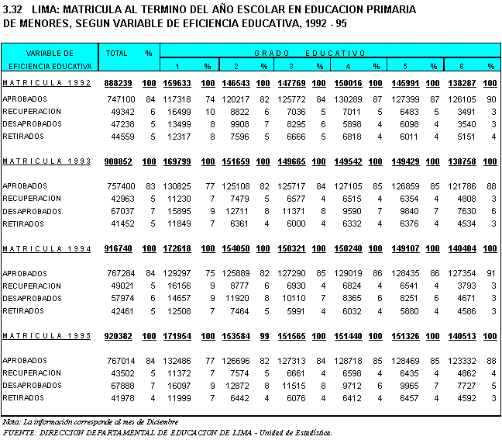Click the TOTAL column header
click(x=117, y=54)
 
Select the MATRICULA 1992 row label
click(x=46, y=83)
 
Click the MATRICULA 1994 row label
click(x=46, y=249)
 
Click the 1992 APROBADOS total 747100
click(x=120, y=99)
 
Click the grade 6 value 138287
click(x=461, y=83)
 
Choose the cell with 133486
click(x=177, y=361)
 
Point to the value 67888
click(x=122, y=386)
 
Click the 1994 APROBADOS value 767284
click(x=120, y=274)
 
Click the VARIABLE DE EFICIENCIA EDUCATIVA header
click(x=48, y=60)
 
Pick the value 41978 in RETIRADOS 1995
click(x=122, y=398)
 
